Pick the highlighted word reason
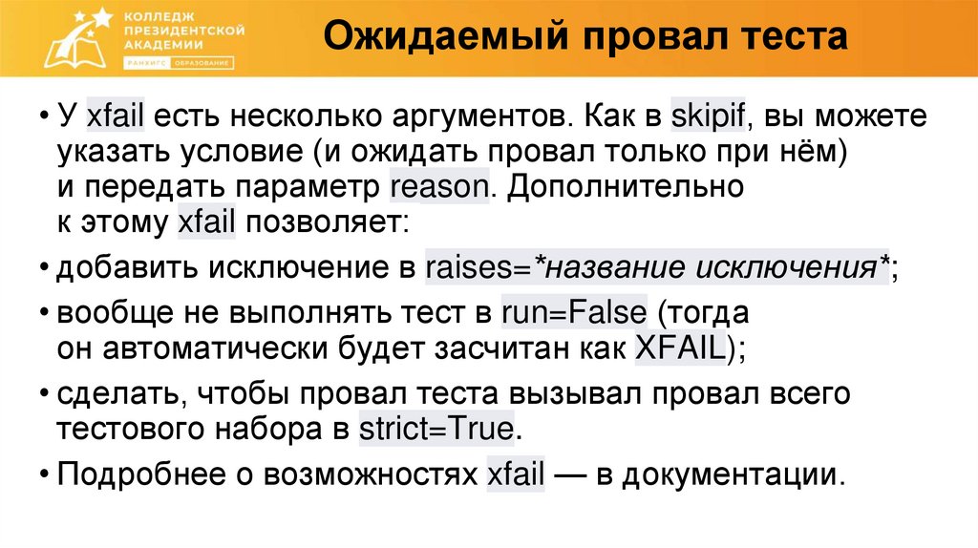pos(438,186)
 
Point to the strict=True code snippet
pos(436,428)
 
